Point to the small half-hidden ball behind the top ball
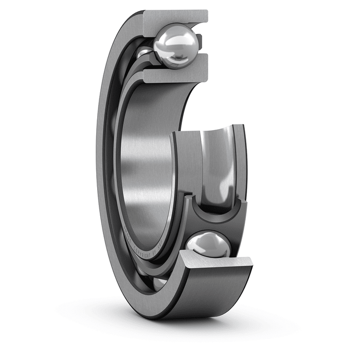point(145,53)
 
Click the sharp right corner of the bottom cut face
point(252,264)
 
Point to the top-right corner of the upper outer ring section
point(207,11)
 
